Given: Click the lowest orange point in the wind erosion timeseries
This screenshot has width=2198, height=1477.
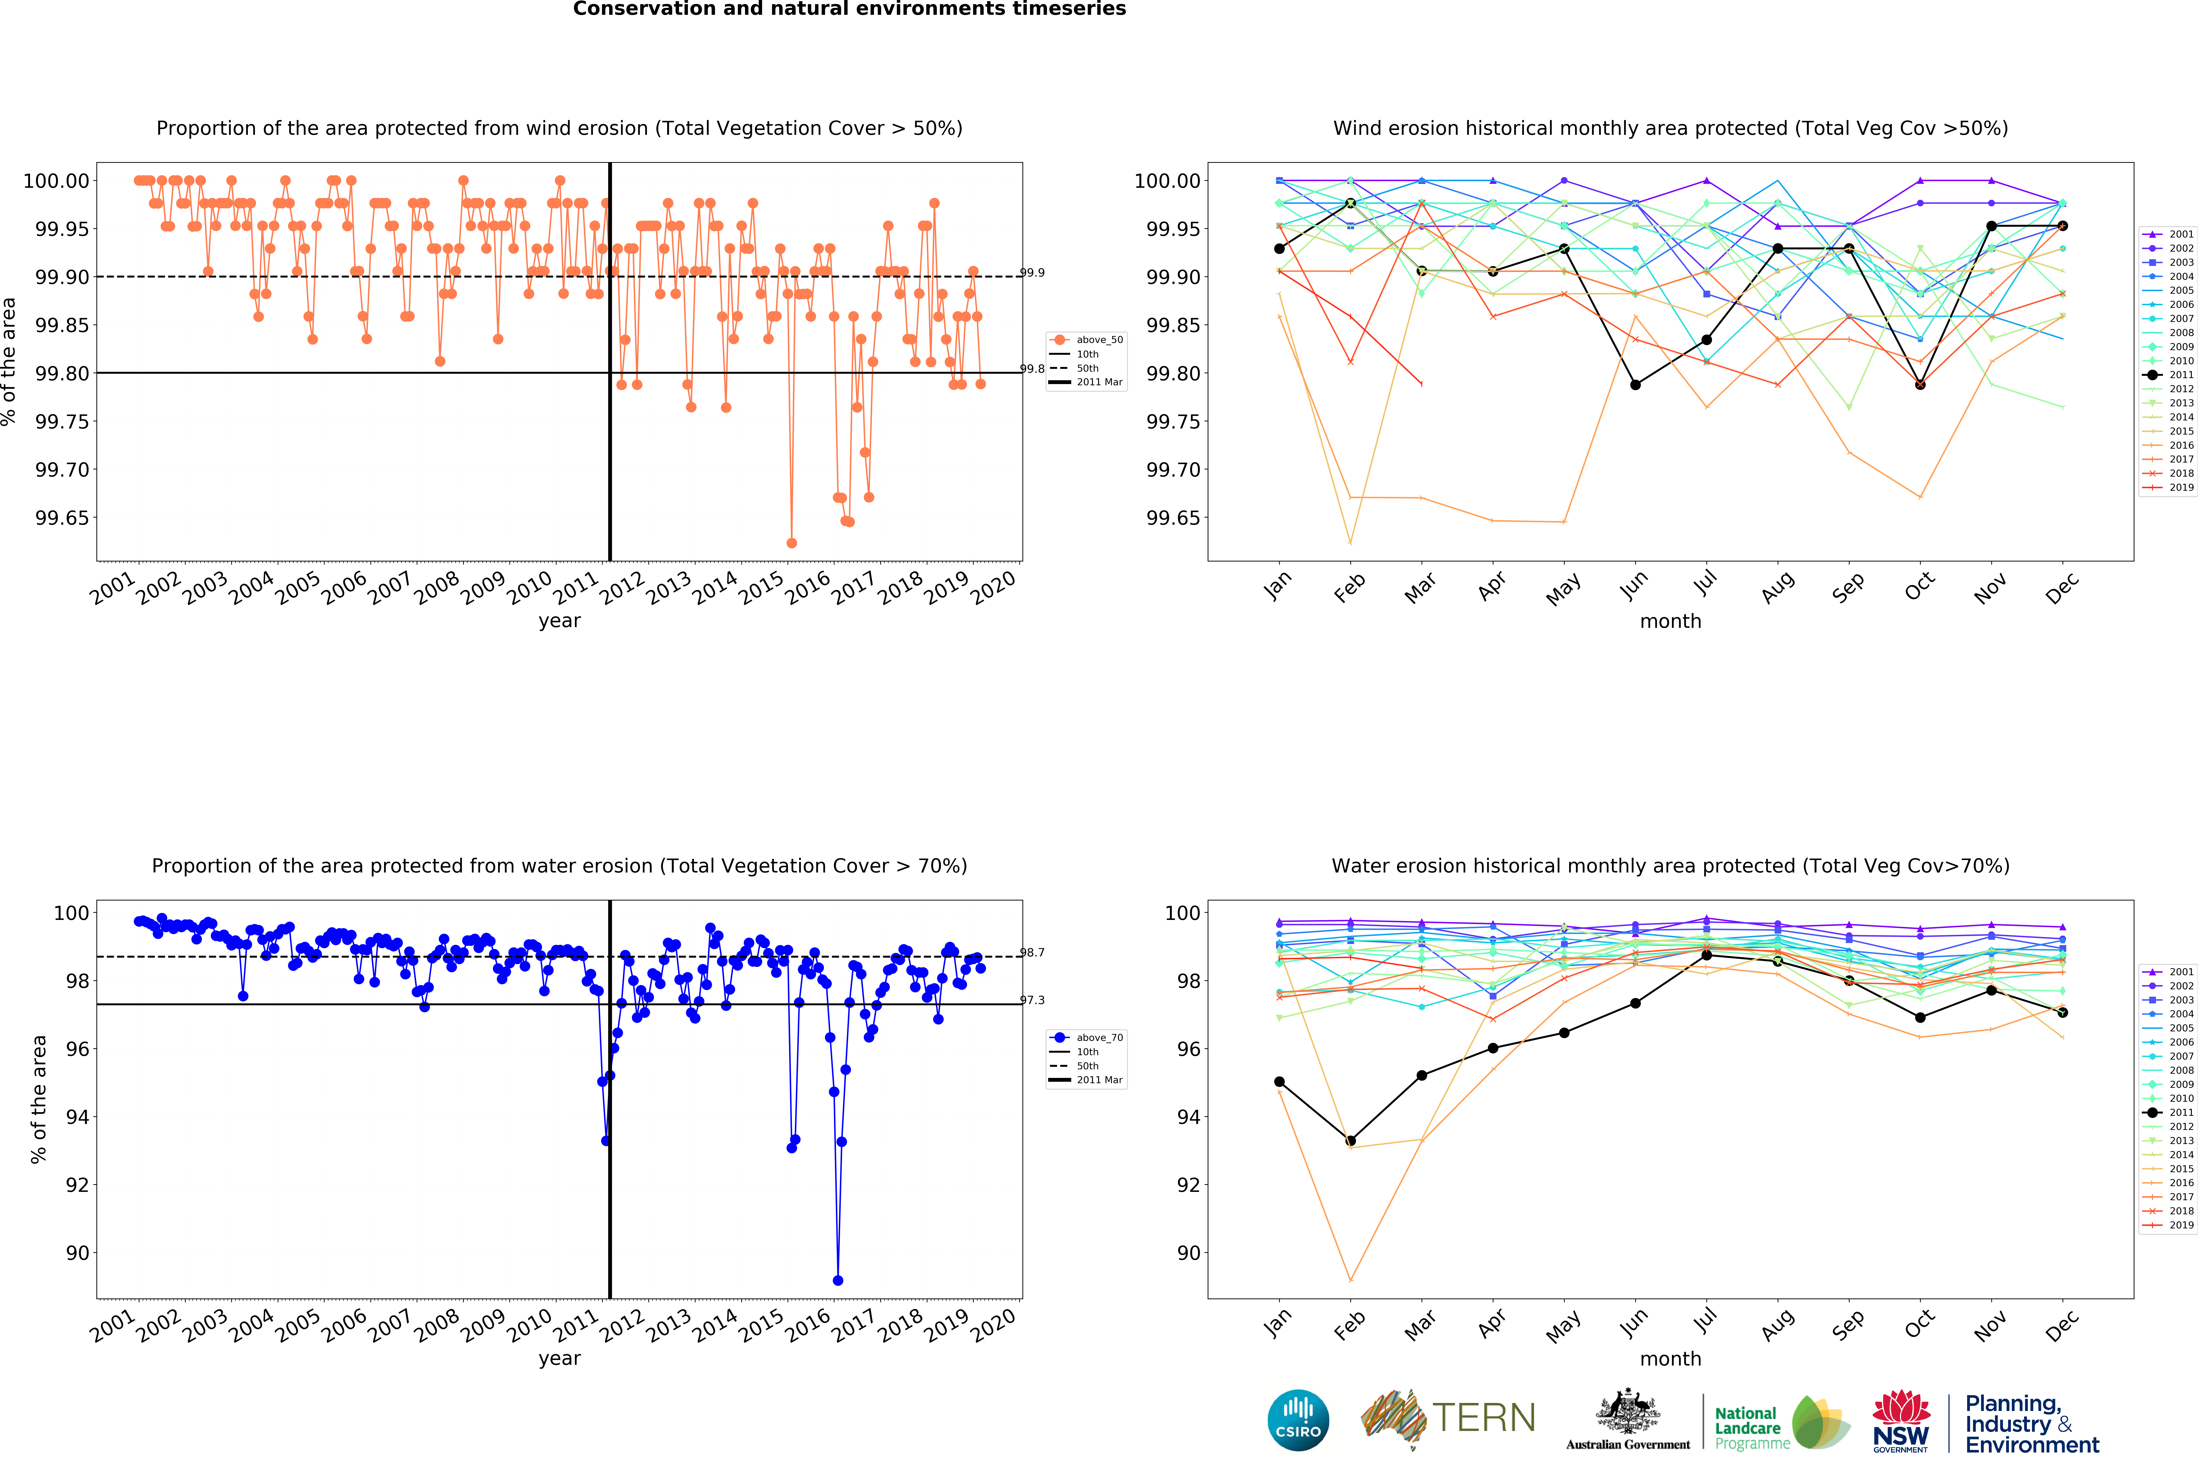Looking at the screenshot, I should [x=791, y=543].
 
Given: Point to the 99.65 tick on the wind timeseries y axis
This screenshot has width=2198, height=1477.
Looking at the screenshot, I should [x=62, y=518].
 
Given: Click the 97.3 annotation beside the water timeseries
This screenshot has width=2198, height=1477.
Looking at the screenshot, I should [x=1032, y=1000].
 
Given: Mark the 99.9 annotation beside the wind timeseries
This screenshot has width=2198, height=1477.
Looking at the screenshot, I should [x=1032, y=273].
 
